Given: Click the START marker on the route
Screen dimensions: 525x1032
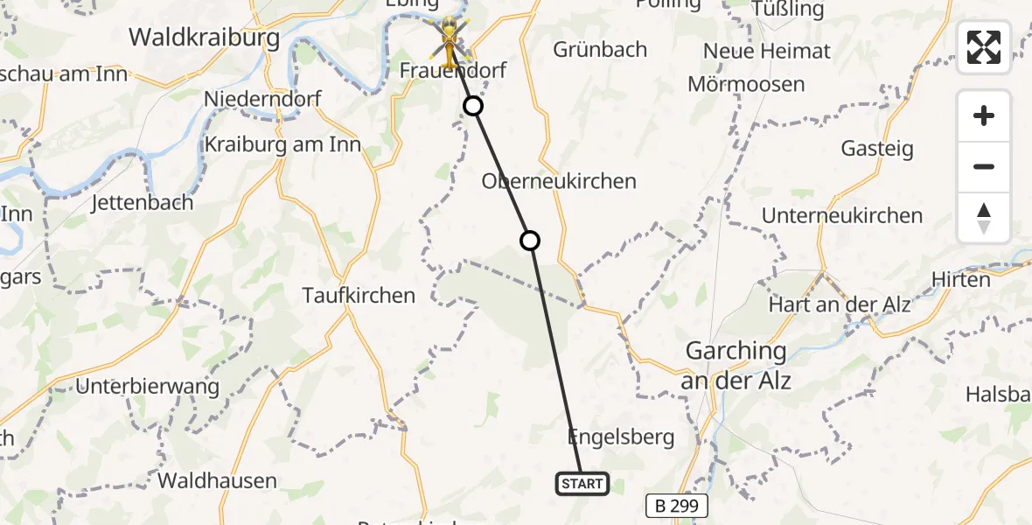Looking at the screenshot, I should (582, 483).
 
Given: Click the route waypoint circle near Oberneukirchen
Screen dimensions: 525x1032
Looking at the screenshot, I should (530, 241).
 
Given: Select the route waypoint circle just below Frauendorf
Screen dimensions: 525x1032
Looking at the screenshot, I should (473, 107).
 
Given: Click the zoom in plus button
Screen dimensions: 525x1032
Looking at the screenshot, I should (984, 115).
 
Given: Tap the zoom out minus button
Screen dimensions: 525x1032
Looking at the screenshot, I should (984, 166).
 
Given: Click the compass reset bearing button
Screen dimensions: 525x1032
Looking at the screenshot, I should (984, 218).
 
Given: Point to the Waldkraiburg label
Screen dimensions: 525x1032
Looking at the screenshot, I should (204, 38).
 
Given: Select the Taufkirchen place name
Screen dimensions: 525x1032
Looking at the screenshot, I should (359, 296).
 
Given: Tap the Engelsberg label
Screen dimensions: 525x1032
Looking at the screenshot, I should (621, 437).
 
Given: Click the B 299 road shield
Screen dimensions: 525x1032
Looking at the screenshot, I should (676, 506).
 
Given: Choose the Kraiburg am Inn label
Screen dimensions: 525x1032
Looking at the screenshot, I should (282, 144).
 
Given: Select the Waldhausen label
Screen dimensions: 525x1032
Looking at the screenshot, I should (217, 479).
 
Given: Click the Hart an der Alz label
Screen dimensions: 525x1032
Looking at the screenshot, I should (840, 304).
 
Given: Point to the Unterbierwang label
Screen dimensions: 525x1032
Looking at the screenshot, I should (145, 386).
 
